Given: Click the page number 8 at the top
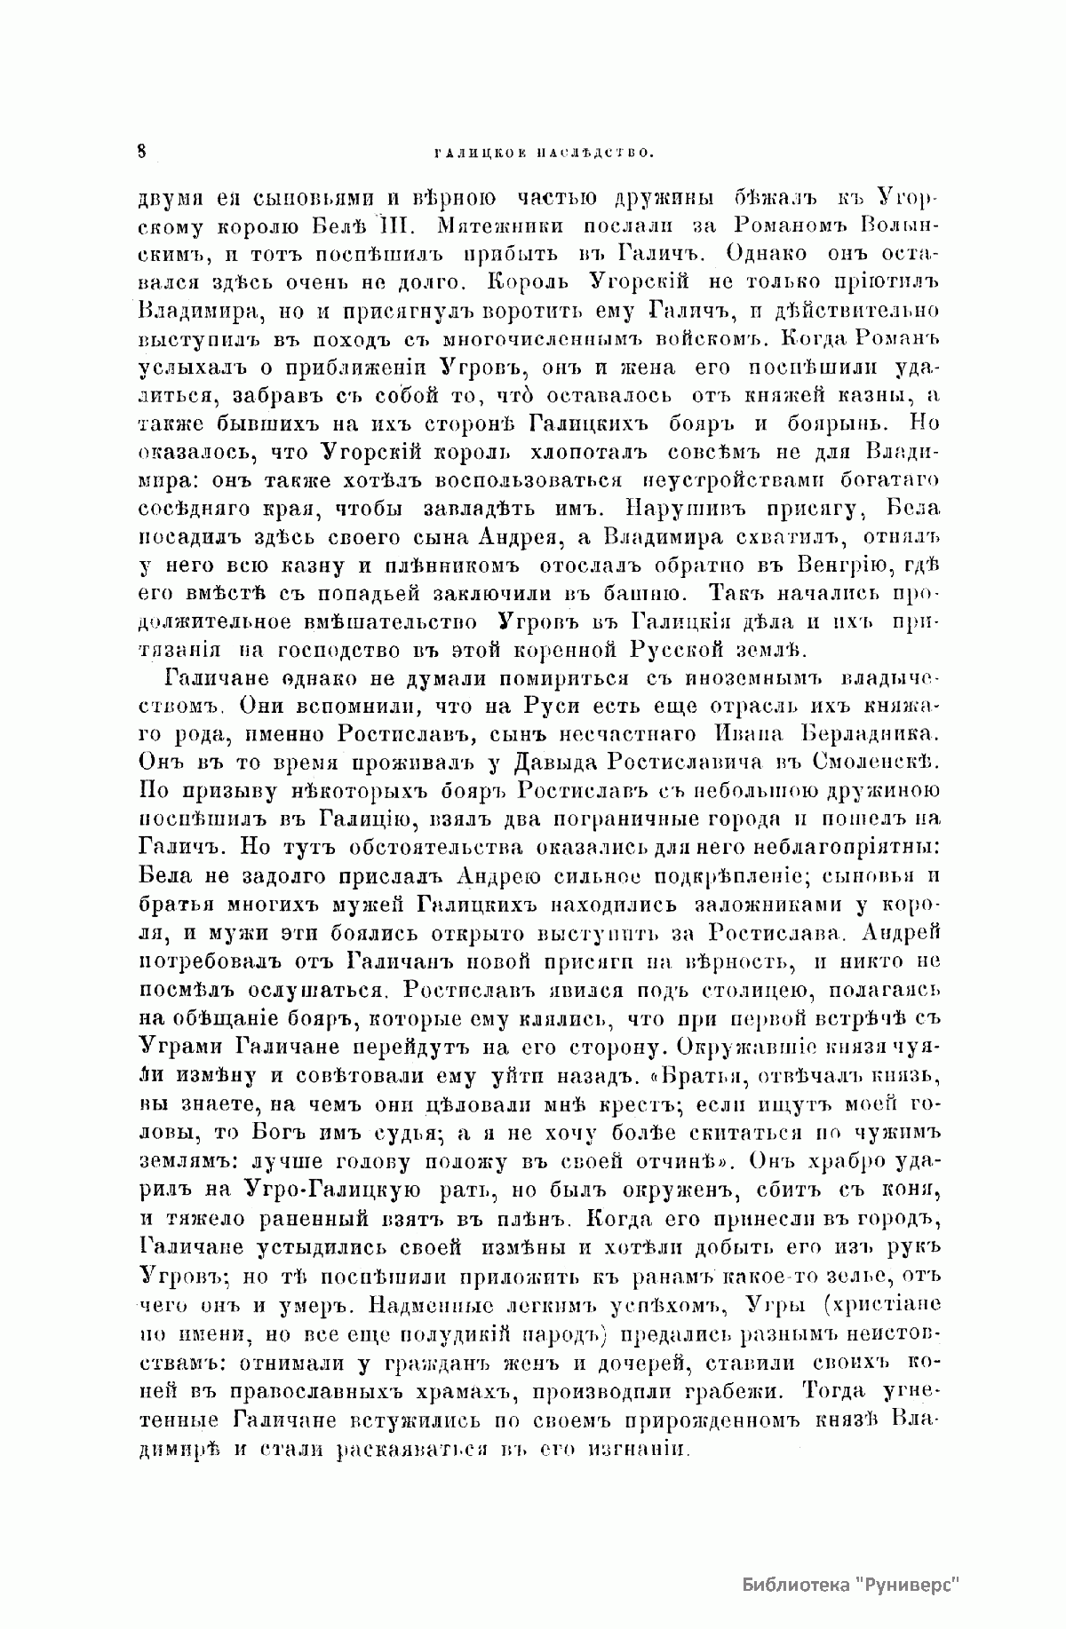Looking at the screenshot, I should pyautogui.click(x=142, y=151).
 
